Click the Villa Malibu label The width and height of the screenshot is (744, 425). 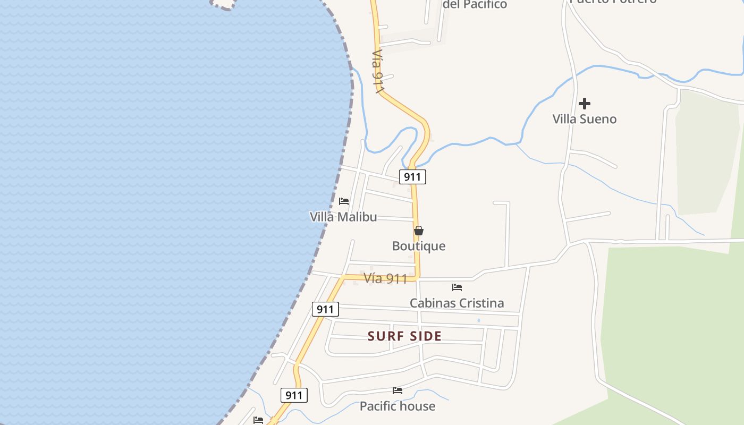pyautogui.click(x=343, y=217)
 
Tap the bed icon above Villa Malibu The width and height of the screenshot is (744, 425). pyautogui.click(x=344, y=201)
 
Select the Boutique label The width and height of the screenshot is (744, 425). pyautogui.click(x=419, y=246)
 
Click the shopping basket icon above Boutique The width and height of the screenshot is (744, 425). pyautogui.click(x=419, y=231)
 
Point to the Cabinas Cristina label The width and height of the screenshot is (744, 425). pyautogui.click(x=456, y=303)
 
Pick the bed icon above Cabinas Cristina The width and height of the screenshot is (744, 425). pyautogui.click(x=457, y=287)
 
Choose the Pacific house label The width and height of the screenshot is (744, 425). pyautogui.click(x=398, y=406)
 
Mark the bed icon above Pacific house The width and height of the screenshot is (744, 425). pyautogui.click(x=398, y=390)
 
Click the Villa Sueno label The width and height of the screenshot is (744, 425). pyautogui.click(x=585, y=119)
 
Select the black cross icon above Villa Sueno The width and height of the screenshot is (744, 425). pyautogui.click(x=585, y=104)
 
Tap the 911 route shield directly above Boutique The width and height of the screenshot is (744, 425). pyautogui.click(x=412, y=177)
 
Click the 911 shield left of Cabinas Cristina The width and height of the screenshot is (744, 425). pyautogui.click(x=325, y=309)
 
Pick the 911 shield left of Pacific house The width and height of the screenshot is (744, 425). pyautogui.click(x=294, y=395)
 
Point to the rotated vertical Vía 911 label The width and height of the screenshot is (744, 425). pyautogui.click(x=378, y=72)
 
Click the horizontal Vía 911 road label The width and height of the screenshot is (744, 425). pyautogui.click(x=385, y=278)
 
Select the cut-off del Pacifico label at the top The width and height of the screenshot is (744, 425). pyautogui.click(x=475, y=5)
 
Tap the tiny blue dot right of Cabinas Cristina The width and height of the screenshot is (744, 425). pyautogui.click(x=479, y=320)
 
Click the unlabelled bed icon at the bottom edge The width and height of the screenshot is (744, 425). pyautogui.click(x=258, y=420)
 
